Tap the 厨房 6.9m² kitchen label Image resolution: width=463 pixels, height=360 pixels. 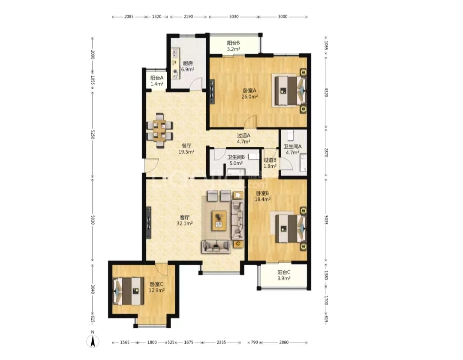point(188,66)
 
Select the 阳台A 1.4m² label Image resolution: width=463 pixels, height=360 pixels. point(157,81)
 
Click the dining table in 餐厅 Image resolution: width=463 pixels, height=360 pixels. point(160,130)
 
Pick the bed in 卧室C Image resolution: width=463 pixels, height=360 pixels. point(128,291)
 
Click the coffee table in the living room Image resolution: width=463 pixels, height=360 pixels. point(219,221)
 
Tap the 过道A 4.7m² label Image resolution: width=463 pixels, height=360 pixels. point(244,138)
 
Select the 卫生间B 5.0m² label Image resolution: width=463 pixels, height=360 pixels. point(236,160)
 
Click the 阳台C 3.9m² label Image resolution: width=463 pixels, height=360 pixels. point(284,275)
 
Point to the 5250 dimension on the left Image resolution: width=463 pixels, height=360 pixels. point(93,134)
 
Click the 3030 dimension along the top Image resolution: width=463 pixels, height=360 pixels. point(234,17)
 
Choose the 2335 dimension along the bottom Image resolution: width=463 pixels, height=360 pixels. point(221,342)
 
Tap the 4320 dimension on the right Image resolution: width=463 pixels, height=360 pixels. point(326,92)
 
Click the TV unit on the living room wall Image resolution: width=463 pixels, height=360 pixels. point(149,223)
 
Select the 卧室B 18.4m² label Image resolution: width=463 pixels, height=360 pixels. point(263,196)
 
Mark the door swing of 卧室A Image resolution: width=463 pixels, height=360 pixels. point(251,122)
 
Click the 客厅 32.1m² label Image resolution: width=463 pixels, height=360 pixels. point(185,221)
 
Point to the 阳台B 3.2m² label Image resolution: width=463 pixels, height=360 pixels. point(233,46)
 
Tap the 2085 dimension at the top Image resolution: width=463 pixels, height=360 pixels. point(129,17)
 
